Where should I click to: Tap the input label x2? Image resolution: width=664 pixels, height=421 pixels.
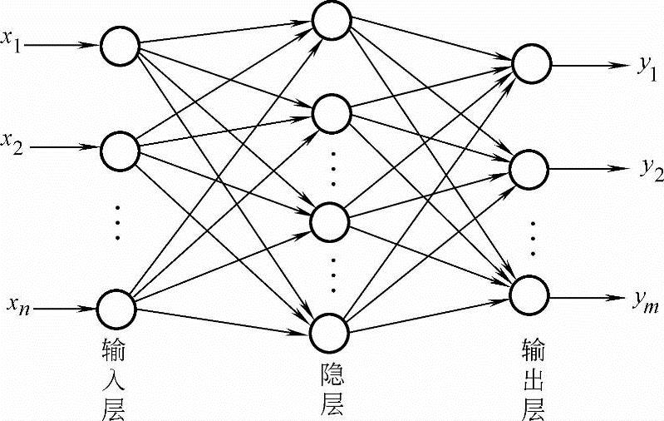(x=12, y=145)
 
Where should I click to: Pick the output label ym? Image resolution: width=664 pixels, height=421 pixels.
(x=646, y=302)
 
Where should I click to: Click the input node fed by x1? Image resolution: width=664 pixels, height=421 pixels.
(x=120, y=45)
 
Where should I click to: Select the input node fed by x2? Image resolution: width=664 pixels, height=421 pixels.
(x=120, y=150)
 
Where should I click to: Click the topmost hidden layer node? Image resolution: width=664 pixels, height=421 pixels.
(x=331, y=21)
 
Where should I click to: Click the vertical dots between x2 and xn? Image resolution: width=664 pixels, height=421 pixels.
(x=118, y=222)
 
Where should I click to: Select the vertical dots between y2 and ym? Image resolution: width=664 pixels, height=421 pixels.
(x=532, y=237)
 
